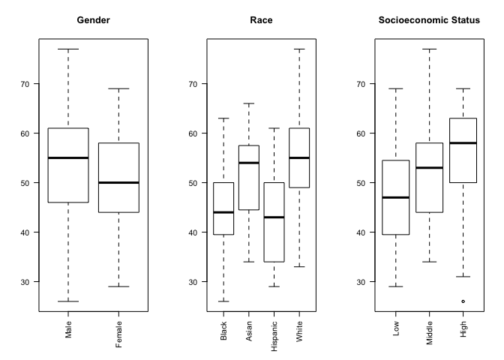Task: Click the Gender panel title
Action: [94, 19]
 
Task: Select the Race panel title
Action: [261, 19]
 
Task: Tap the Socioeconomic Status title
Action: [429, 19]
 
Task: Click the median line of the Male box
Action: [68, 157]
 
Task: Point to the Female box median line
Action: [118, 182]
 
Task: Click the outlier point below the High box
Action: [463, 301]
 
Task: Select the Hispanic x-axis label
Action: [274, 334]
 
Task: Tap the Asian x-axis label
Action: [249, 331]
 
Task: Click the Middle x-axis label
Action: [430, 331]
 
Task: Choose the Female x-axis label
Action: [118, 334]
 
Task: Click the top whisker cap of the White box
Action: [298, 49]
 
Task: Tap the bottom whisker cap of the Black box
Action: [223, 301]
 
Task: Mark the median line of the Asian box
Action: [249, 163]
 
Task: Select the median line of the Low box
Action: [396, 197]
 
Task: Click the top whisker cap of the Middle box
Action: [430, 49]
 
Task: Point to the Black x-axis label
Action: [224, 331]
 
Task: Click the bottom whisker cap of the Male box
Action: [68, 301]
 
